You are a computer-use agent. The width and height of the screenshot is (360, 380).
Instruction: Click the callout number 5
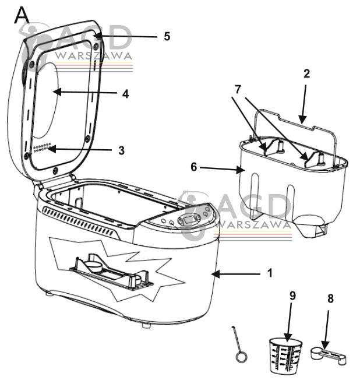pos(167,36)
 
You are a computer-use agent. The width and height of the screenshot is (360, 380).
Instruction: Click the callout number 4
pos(125,93)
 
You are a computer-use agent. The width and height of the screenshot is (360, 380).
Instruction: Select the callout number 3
pos(121,150)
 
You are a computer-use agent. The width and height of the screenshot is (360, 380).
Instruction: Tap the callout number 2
pos(307,74)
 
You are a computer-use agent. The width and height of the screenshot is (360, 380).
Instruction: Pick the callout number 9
pos(292,295)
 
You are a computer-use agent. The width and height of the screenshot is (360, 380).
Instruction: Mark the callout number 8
pos(330,299)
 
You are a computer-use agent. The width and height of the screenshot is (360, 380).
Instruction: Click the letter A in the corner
pos(22,16)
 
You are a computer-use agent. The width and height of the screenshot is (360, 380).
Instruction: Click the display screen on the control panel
pos(189,220)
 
